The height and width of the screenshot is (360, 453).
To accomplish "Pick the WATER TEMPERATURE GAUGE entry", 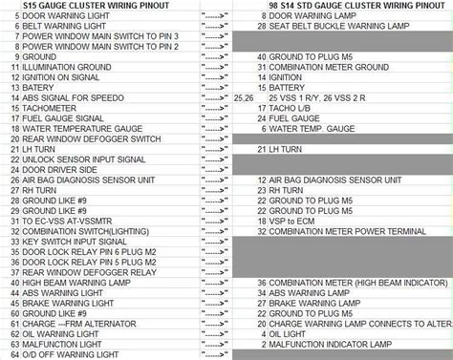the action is pos(77,129).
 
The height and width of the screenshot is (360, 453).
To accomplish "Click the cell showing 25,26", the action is pos(244,97).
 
